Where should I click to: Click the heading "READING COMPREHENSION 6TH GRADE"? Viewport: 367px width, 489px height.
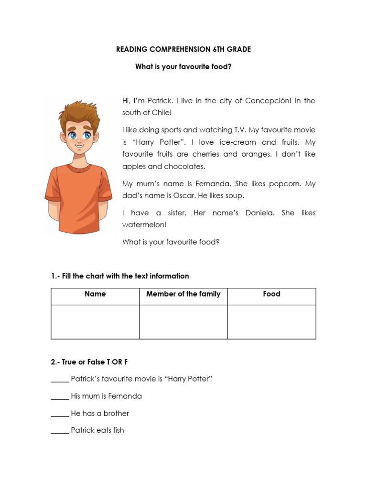[183, 49]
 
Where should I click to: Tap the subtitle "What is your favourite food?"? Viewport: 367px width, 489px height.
[183, 67]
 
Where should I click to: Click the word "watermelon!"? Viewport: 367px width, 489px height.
[144, 225]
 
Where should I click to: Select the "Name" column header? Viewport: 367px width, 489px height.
[95, 294]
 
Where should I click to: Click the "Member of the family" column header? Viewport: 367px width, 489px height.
[183, 294]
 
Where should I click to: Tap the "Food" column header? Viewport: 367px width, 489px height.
[271, 294]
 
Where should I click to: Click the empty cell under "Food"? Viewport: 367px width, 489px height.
[271, 322]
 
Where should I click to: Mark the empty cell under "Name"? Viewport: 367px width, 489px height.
[95, 322]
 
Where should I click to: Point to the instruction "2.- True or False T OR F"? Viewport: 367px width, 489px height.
[89, 362]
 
